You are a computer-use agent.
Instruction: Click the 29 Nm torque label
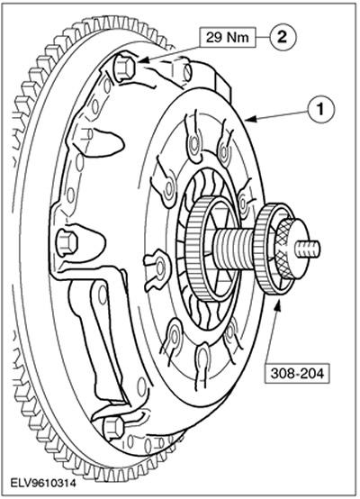pyautogui.click(x=228, y=37)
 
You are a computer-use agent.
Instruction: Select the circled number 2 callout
pyautogui.click(x=283, y=37)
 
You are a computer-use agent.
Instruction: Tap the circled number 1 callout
pyautogui.click(x=320, y=110)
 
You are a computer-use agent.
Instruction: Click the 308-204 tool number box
pyautogui.click(x=297, y=373)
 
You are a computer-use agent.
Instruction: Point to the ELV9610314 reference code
pyautogui.click(x=43, y=484)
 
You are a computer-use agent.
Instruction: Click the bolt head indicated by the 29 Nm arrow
pyautogui.click(x=124, y=68)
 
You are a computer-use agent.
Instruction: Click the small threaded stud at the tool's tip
pyautogui.click(x=307, y=248)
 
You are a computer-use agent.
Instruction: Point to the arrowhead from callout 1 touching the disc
pyautogui.click(x=250, y=119)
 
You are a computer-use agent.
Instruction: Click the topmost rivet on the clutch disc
pyautogui.click(x=194, y=144)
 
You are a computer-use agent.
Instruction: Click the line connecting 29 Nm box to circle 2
pyautogui.click(x=263, y=38)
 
